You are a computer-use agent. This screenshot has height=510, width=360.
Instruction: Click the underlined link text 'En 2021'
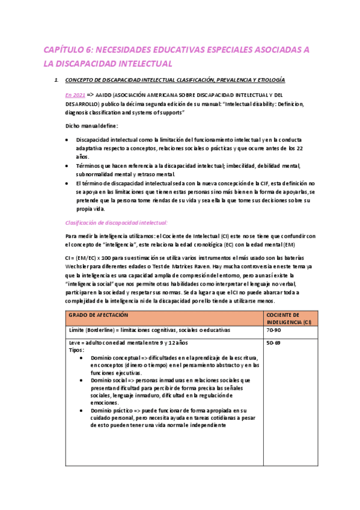[x=75, y=95]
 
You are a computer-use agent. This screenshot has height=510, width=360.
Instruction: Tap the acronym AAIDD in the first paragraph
[x=104, y=95]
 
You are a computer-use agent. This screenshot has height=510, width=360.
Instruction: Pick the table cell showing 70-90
[x=273, y=330]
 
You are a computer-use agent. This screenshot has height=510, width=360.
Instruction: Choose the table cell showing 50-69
[x=273, y=342]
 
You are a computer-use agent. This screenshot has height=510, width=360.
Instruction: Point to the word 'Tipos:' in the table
[x=77, y=349]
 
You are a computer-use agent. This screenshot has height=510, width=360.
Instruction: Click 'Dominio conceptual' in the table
[x=117, y=357]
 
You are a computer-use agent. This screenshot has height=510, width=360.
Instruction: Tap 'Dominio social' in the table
[x=109, y=380]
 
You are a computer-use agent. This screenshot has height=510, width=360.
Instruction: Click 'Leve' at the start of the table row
[x=75, y=342]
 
